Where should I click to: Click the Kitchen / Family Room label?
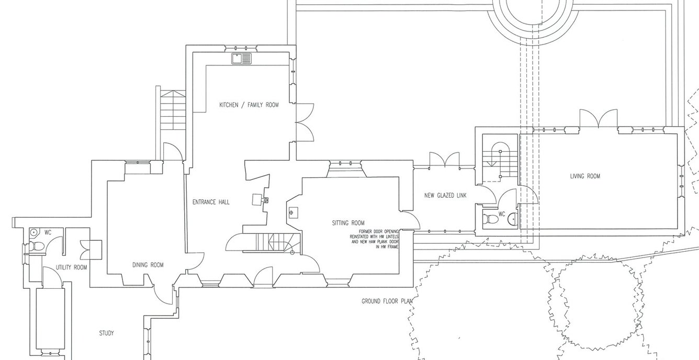(x=249, y=105)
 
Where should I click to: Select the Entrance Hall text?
(x=211, y=202)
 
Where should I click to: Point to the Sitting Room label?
(x=348, y=222)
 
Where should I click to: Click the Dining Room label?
(x=148, y=265)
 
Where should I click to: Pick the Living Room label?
(x=585, y=176)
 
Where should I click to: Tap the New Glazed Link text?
(x=444, y=196)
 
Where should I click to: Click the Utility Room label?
(x=72, y=267)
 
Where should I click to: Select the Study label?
(x=106, y=333)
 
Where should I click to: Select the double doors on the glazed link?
(x=444, y=159)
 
